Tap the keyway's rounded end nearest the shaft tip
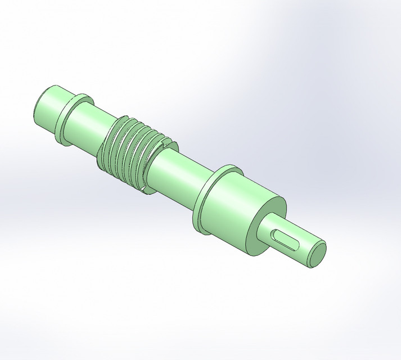pyautogui.click(x=296, y=244)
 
